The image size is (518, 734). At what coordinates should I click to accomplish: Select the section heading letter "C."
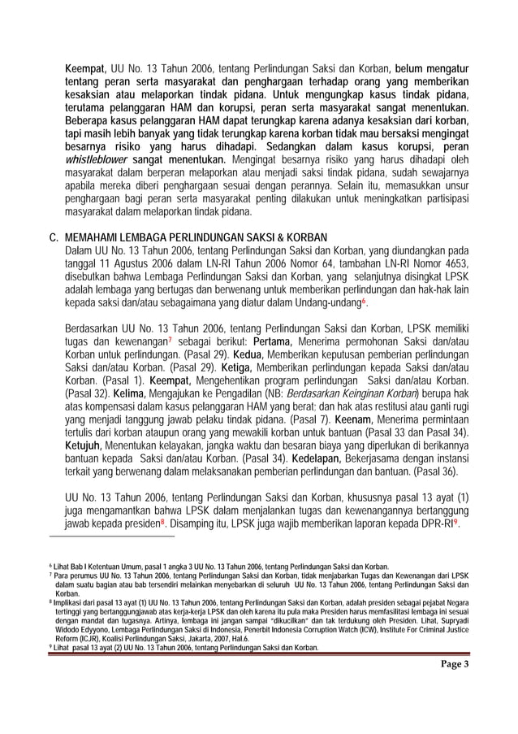pos(55,236)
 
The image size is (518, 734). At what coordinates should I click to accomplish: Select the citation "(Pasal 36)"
pos(456,471)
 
